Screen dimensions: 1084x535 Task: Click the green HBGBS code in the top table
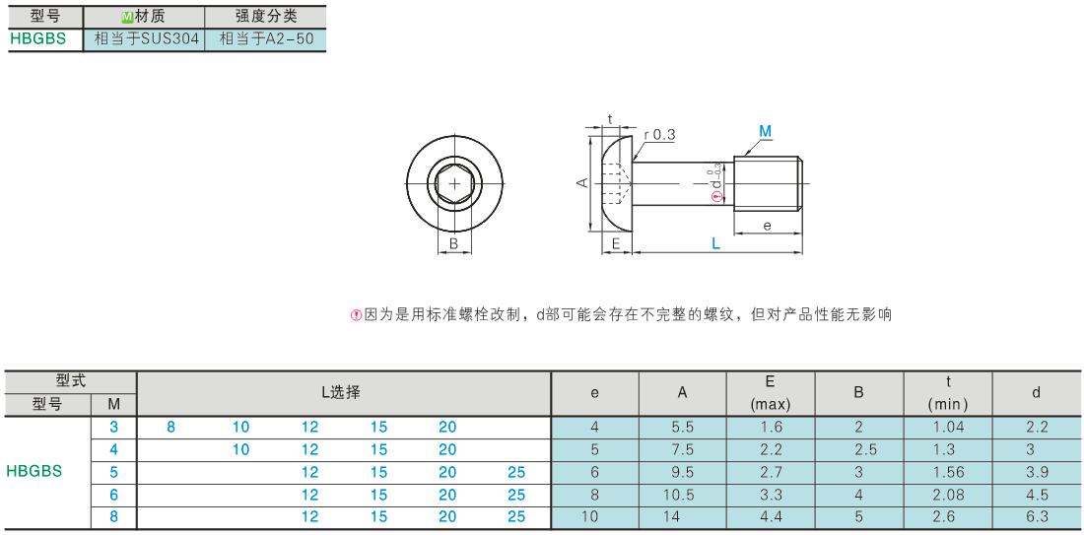(x=38, y=38)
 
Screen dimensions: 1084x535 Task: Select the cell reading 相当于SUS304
(x=145, y=38)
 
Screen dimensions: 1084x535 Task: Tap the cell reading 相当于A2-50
(x=266, y=38)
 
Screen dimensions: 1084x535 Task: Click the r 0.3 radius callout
(x=659, y=136)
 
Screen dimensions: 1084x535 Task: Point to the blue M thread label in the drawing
(x=765, y=131)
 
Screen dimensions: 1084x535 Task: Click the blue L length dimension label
(x=715, y=243)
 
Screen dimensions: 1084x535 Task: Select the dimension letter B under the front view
(x=453, y=243)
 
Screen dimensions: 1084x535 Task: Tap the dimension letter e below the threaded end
(x=767, y=226)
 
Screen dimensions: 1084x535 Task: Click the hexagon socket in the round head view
(x=454, y=183)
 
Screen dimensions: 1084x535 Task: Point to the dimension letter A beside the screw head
(x=582, y=182)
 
